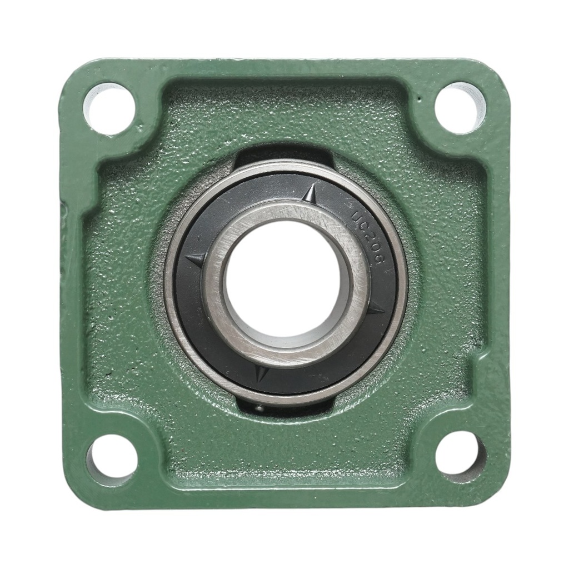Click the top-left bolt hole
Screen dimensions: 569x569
[x=109, y=107]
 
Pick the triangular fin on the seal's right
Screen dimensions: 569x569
[x=374, y=308]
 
